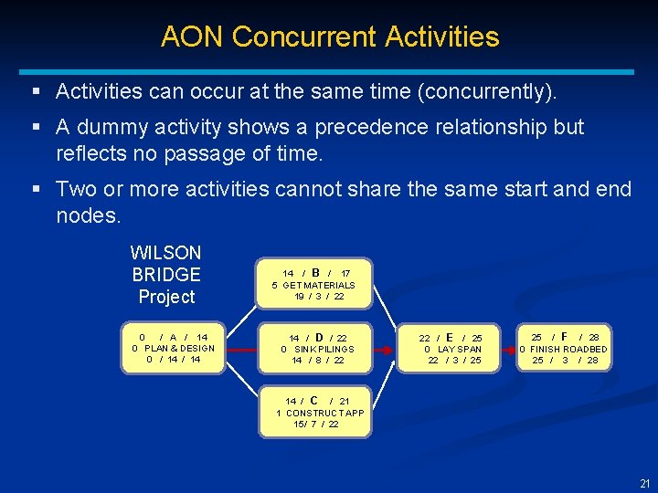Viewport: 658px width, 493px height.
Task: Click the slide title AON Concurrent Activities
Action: point(330,37)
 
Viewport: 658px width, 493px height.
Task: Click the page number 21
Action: point(644,483)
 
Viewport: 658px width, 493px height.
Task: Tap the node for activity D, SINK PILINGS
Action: point(316,349)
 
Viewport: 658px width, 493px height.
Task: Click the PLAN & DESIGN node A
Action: point(174,349)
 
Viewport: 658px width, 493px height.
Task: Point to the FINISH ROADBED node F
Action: point(564,349)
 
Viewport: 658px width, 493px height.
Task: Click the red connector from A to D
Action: point(243,349)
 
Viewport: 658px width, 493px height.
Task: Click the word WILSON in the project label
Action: point(166,253)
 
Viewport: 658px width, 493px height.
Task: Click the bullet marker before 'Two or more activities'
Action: point(35,189)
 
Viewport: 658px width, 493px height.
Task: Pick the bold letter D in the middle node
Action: point(319,337)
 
